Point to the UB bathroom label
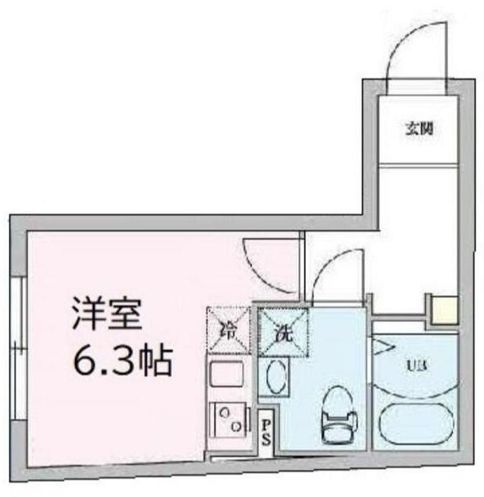tap(416, 366)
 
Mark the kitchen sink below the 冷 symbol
tap(227, 375)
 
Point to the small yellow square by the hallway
tap(443, 308)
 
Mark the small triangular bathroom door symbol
tap(384, 347)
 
